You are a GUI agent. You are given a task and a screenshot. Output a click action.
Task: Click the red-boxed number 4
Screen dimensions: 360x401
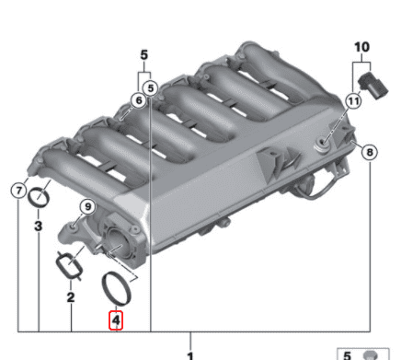[116, 322]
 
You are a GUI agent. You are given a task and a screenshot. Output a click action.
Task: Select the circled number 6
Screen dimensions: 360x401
[138, 99]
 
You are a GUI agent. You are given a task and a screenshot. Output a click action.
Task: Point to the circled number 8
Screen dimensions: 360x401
[369, 151]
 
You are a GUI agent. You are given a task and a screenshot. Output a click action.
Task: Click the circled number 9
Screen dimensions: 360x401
[88, 205]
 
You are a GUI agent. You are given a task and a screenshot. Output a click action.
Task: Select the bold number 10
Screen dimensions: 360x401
[363, 45]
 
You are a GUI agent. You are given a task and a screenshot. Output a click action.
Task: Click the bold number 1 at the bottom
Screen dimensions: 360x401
[190, 355]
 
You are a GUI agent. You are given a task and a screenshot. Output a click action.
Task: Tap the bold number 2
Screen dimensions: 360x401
[70, 297]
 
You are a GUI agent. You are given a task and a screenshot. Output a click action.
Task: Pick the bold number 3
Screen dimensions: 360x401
[39, 224]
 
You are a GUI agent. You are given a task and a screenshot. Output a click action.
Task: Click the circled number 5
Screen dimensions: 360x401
[152, 88]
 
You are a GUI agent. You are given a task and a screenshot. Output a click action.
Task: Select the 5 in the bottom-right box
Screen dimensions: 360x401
[348, 354]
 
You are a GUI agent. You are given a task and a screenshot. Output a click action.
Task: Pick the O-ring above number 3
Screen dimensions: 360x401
[39, 197]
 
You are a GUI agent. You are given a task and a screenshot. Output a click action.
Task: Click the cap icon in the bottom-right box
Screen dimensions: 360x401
[371, 354]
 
